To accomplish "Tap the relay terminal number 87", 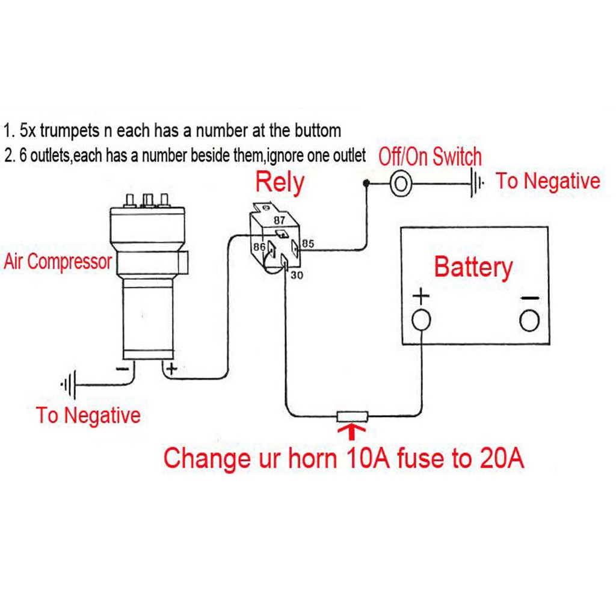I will pos(280,220).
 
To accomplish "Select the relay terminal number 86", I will pos(259,246).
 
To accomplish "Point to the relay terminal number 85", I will pos(308,244).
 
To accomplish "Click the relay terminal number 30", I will pos(297,275).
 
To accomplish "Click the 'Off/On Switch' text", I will pos(430,157).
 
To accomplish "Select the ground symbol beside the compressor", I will pos(68,384).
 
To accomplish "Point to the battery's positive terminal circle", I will pos(421,319).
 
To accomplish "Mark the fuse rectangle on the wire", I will pos(353,416).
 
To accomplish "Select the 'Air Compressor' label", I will pos(58,262).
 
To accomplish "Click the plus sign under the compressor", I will pos(171,368).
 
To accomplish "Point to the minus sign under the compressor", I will pos(122,368).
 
